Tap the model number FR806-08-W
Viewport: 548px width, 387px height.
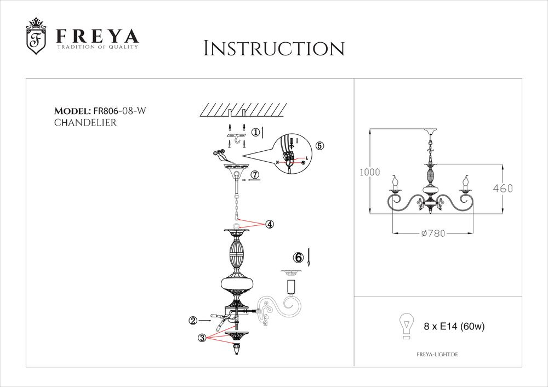120,110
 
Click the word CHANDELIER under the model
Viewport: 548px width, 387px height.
85,123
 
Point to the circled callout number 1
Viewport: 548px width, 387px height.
255,132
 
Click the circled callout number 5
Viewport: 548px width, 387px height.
319,146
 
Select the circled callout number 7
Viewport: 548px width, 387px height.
255,175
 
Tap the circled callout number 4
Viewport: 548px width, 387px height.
269,224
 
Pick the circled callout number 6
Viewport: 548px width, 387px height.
298,257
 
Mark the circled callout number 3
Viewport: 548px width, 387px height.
202,338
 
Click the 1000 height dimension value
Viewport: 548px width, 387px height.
369,172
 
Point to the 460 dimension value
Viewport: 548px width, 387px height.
502,189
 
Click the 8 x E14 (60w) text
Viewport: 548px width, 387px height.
454,327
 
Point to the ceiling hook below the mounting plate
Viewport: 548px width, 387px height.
238,144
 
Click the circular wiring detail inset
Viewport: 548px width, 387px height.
293,153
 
